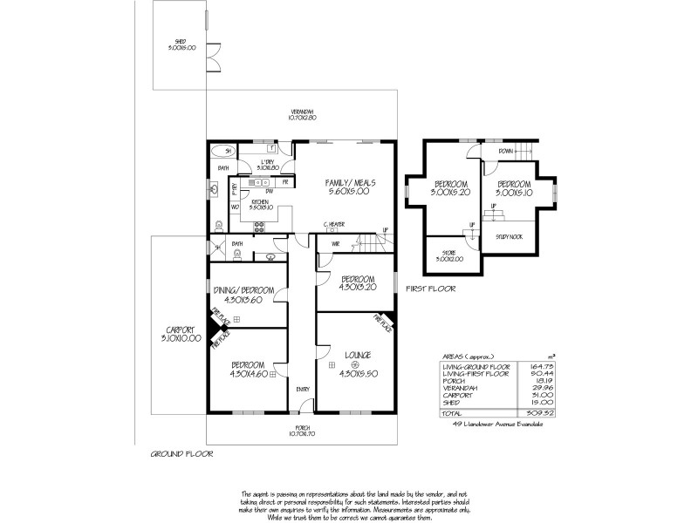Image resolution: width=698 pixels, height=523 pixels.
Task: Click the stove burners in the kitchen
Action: [259, 228]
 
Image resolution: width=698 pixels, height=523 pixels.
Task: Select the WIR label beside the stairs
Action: [335, 244]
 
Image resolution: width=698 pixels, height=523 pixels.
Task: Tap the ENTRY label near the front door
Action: [302, 390]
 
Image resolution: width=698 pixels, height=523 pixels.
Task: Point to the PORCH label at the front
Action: [302, 428]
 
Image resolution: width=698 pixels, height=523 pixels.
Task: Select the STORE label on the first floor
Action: [450, 255]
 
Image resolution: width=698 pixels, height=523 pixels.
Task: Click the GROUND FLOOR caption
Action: [181, 454]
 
